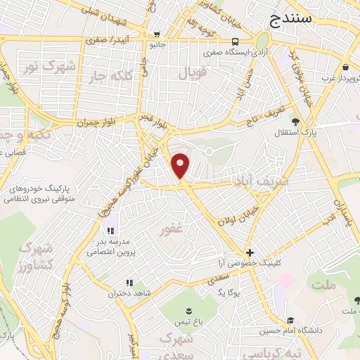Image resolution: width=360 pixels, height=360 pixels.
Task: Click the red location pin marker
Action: [x=181, y=165]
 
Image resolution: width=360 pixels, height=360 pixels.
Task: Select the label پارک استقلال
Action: [x=304, y=132]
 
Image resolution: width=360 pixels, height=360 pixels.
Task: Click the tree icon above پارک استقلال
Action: [x=295, y=120]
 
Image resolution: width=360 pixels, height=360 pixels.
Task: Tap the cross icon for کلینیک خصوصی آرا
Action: [x=250, y=252]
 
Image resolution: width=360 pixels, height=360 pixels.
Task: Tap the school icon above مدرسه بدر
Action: [x=110, y=231]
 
